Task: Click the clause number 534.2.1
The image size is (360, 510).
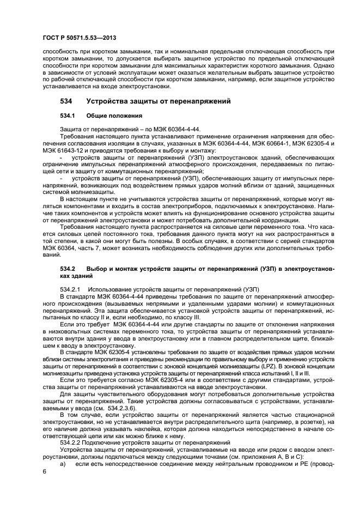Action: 69,289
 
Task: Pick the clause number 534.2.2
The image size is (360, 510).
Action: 69,442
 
